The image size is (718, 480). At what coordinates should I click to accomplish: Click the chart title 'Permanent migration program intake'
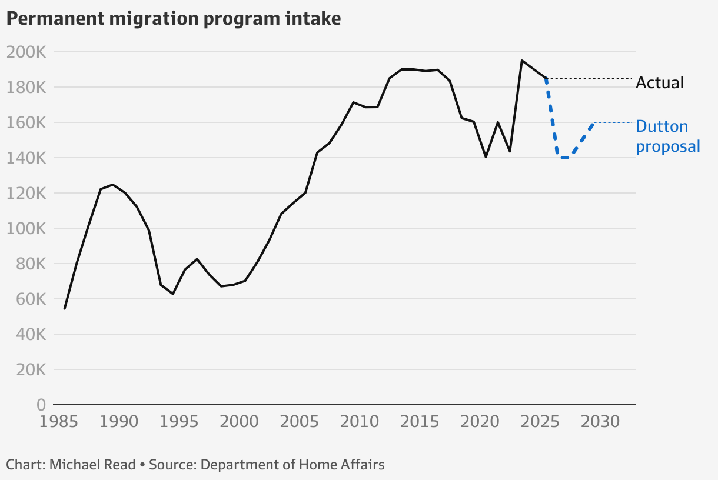[x=174, y=18]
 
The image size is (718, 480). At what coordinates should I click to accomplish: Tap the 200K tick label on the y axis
[x=26, y=52]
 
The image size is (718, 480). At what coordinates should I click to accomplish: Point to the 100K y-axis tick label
[x=26, y=228]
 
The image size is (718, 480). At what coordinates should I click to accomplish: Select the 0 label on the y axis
[x=41, y=405]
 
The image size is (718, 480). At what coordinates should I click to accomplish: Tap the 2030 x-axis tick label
[x=599, y=422]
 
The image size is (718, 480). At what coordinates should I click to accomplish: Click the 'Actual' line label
[x=660, y=82]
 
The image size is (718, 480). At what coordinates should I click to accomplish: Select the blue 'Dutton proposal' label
[x=667, y=136]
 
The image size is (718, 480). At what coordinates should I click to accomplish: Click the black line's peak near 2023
[x=522, y=61]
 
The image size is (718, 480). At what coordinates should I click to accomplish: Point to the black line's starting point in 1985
[x=65, y=308]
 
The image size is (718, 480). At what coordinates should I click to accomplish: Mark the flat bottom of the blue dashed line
[x=564, y=158]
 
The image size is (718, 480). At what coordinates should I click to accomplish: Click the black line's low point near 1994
[x=172, y=294]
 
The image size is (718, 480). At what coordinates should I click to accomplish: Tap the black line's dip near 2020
[x=486, y=157]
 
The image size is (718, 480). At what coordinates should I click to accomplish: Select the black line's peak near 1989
[x=112, y=185]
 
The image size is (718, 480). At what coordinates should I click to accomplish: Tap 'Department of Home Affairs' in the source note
[x=292, y=465]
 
